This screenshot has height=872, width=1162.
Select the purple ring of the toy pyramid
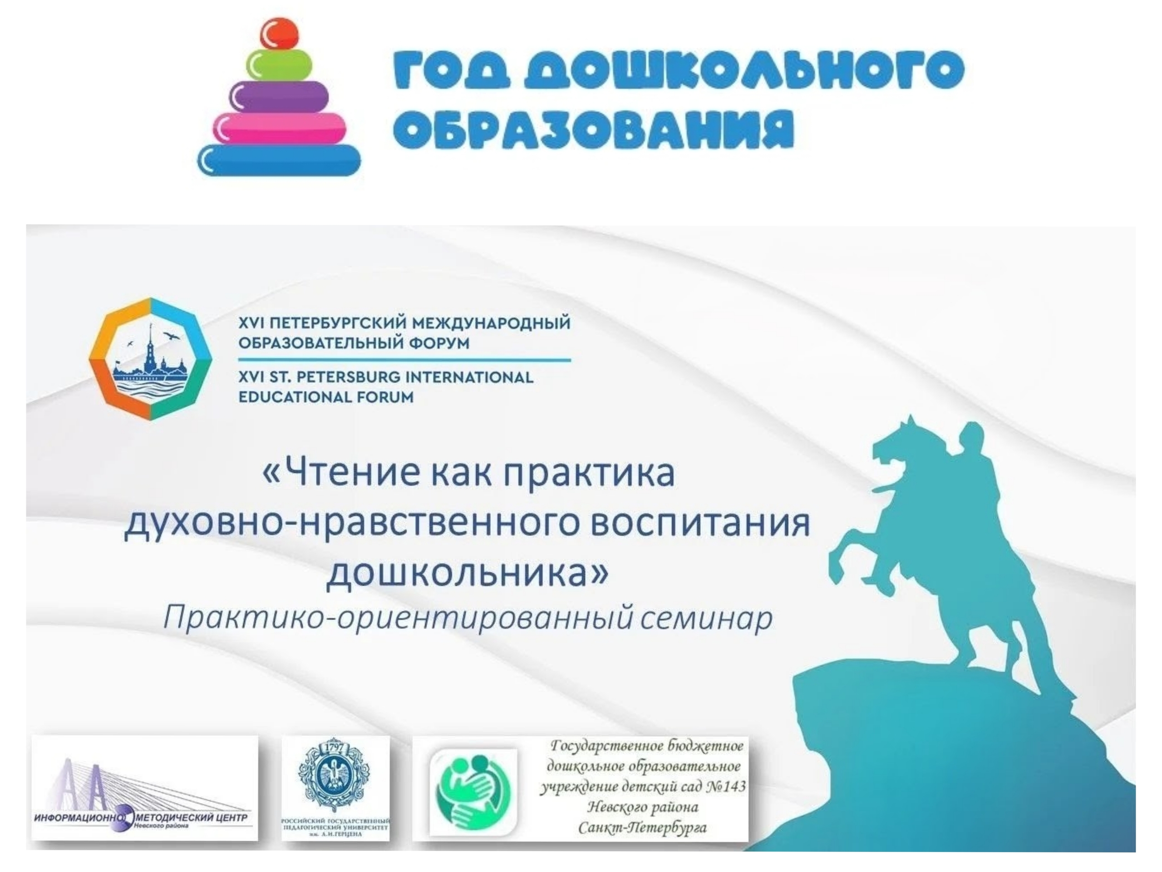280,96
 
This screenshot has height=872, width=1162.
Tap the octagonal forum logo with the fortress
151,358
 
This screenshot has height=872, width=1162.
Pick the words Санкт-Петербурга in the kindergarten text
642,828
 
